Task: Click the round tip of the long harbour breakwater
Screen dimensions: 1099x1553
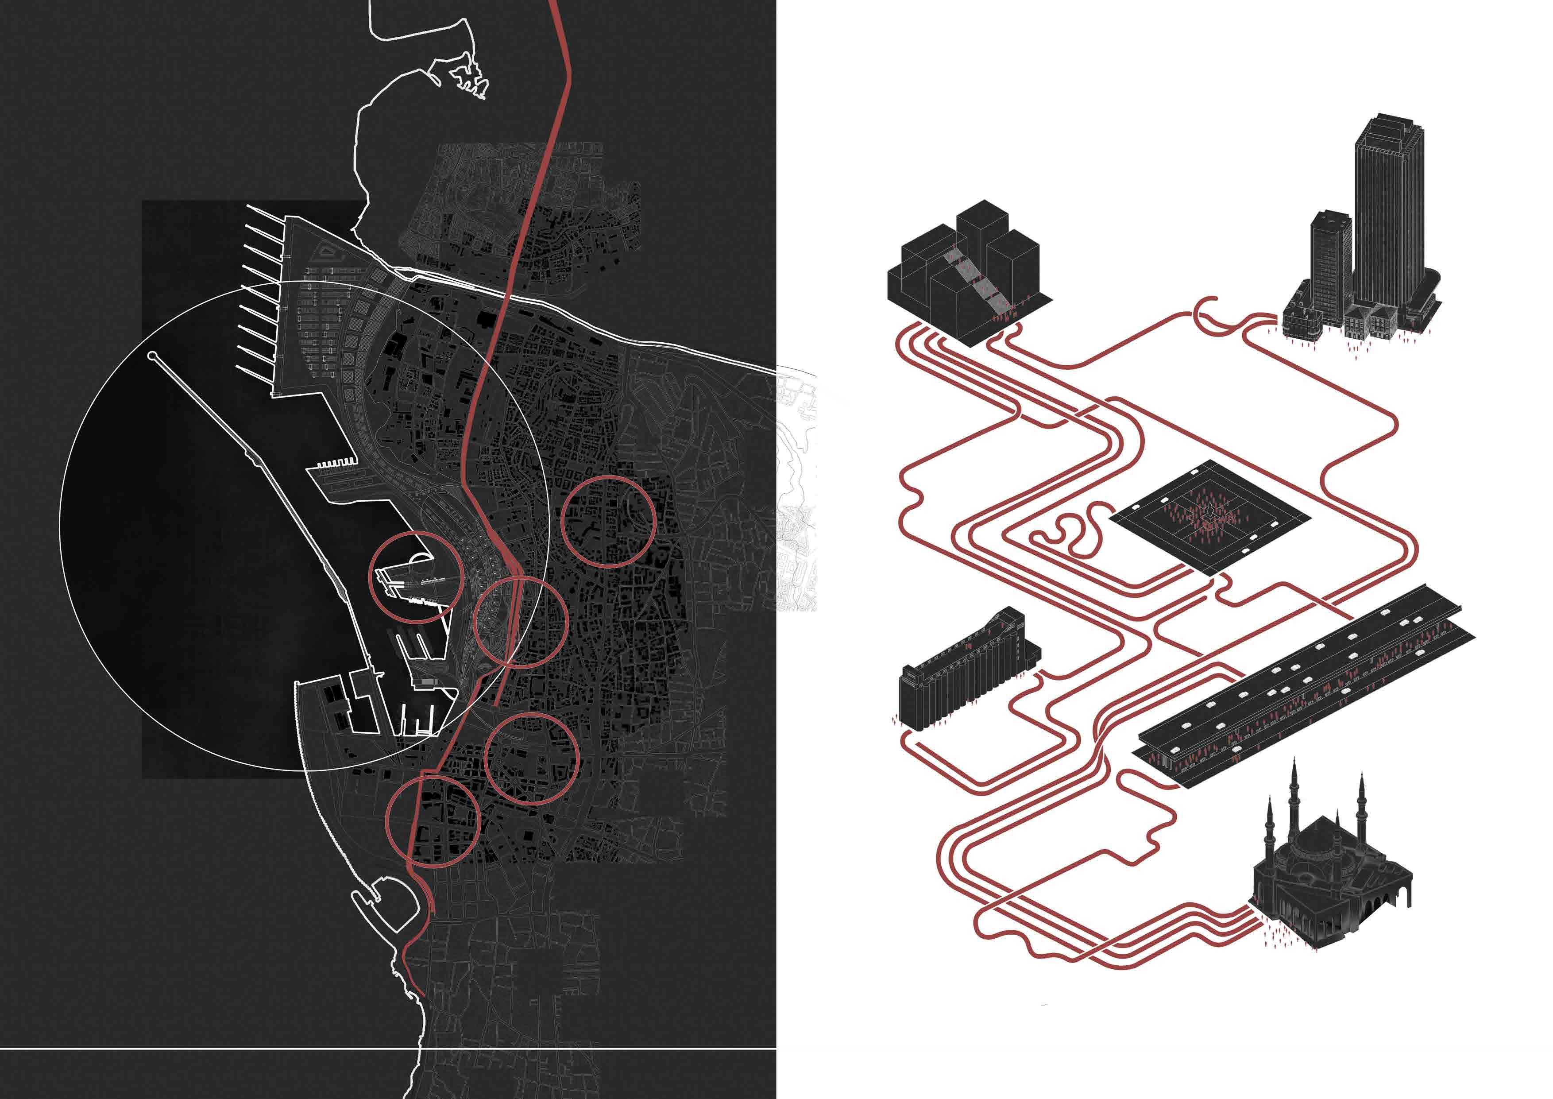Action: click(x=151, y=355)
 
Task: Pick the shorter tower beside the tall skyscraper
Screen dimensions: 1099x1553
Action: click(x=1330, y=264)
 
